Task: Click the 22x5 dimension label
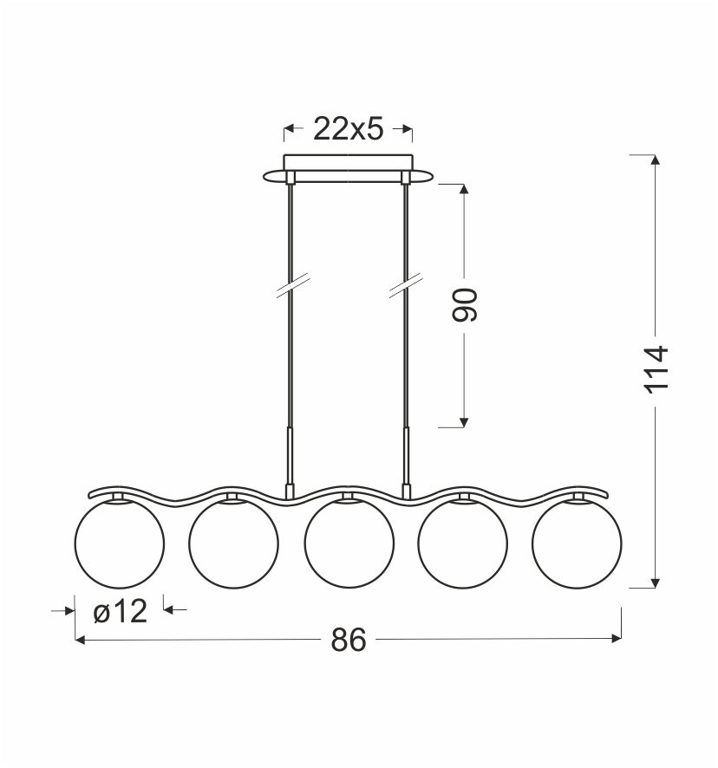348,129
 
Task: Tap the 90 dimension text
464,305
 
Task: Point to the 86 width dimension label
349,639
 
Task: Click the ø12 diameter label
120,611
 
